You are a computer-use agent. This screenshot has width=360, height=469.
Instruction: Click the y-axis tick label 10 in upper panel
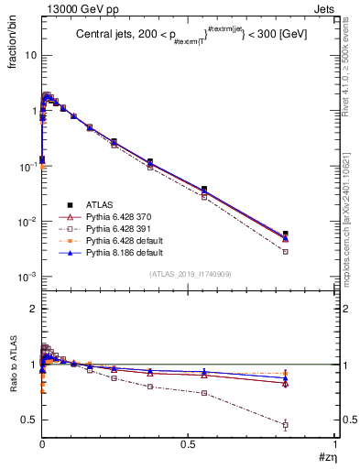[31, 55]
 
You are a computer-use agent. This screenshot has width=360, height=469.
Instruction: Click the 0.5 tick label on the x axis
[189, 443]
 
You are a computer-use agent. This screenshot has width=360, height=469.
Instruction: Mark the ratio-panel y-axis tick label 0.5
[29, 420]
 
